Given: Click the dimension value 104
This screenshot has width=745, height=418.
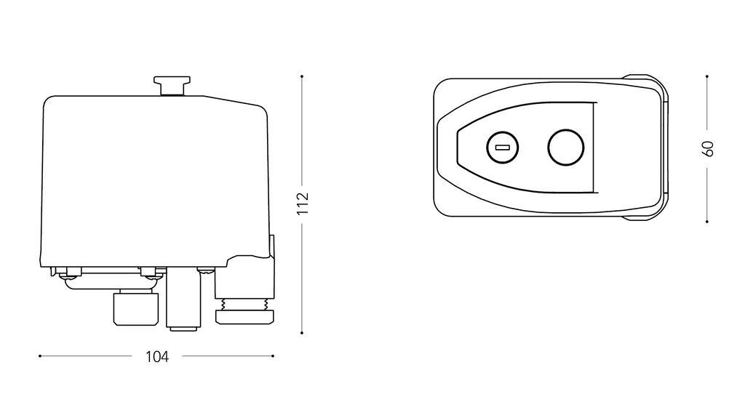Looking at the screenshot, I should coord(157,357).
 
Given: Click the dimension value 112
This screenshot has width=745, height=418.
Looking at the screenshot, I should coord(303,204).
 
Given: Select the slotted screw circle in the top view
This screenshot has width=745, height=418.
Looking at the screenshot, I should coord(501,148).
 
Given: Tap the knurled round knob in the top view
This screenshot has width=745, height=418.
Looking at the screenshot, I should coord(565,148).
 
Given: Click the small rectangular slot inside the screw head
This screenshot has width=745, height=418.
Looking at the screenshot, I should coord(501,148).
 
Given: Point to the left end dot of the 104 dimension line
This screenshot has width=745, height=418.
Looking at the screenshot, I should coord(39,356).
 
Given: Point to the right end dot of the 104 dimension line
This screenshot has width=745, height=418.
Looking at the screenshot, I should coord(274,356).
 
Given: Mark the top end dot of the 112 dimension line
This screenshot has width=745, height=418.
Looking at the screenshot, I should coord(303,76).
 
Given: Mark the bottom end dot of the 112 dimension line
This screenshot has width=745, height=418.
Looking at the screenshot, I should coord(303,333).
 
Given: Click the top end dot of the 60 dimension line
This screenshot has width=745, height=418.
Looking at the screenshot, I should coord(708,75).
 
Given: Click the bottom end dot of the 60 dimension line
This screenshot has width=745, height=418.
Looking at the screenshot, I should coord(708,222).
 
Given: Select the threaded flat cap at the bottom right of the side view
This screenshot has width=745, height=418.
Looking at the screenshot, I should coord(245,315).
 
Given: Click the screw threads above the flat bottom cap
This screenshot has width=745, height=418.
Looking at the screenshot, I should coord(245,302).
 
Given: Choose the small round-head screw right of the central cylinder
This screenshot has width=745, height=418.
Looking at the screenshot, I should coord(207,272).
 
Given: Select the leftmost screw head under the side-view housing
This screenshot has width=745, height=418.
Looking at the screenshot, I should coord(71,273).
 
